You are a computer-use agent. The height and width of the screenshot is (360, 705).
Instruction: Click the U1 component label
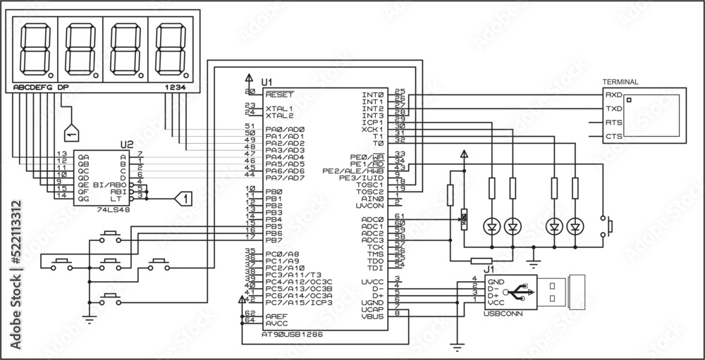pos(267,82)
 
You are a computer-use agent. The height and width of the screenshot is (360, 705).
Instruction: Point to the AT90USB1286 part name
pos(289,336)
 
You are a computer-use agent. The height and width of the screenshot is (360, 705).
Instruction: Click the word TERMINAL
pos(621,82)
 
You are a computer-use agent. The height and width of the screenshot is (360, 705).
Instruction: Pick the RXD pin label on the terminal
pos(613,94)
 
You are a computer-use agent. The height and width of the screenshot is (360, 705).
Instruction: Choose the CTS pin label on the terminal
pos(613,136)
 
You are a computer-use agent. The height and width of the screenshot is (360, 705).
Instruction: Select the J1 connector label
pos(487,268)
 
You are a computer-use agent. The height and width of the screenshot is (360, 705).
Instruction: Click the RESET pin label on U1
pos(279,94)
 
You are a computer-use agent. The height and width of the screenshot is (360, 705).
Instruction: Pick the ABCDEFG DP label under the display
pos(41,87)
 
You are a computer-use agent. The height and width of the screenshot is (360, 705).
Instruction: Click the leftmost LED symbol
pos(491,226)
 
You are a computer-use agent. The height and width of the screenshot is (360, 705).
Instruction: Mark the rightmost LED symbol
pos(577,226)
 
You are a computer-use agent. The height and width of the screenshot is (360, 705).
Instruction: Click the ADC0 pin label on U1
pos(372,218)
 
